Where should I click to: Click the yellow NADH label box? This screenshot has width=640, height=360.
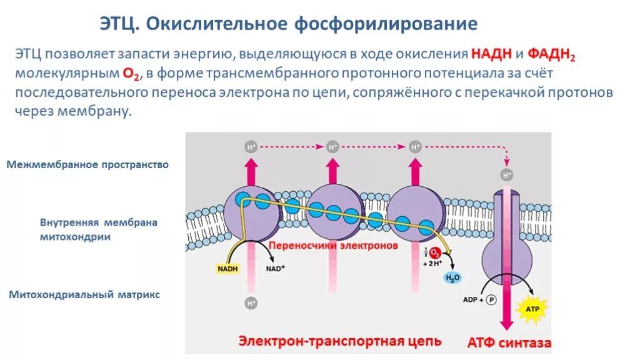pyautogui.click(x=227, y=269)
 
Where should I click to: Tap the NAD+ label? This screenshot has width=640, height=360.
pyautogui.click(x=275, y=269)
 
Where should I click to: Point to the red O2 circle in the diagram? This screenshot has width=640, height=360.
pyautogui.click(x=436, y=253)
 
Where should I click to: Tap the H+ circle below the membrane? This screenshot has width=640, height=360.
pyautogui.click(x=251, y=304)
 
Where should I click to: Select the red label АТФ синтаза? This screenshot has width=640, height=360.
pyautogui.click(x=509, y=343)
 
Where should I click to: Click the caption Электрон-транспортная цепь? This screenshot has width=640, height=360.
pyautogui.click(x=340, y=341)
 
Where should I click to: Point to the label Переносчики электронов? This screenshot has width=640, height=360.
pyautogui.click(x=333, y=246)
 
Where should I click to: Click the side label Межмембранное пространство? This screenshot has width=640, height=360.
pyautogui.click(x=88, y=165)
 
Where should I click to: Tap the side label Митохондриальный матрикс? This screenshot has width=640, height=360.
pyautogui.click(x=84, y=294)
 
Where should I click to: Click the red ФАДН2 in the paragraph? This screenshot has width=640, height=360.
pyautogui.click(x=552, y=54)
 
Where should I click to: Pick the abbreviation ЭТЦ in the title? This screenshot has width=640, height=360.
pyautogui.click(x=121, y=24)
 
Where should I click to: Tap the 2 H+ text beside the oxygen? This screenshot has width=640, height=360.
pyautogui.click(x=432, y=264)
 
